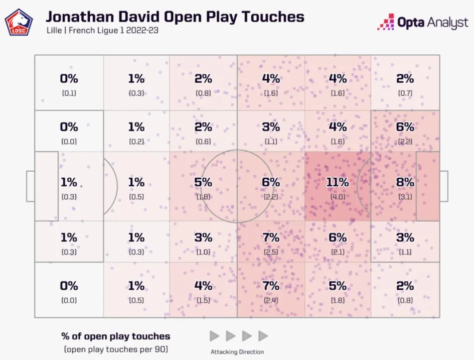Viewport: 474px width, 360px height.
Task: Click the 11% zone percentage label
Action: (x=337, y=182)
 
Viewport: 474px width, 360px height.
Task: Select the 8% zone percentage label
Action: (x=405, y=182)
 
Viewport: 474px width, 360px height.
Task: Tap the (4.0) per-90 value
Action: (x=337, y=197)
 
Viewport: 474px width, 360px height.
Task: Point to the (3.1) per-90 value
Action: (x=405, y=197)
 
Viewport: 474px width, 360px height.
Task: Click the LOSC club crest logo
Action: (x=19, y=23)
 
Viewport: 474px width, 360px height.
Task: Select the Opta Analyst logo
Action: (x=422, y=22)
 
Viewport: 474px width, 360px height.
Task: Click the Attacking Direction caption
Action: (x=237, y=351)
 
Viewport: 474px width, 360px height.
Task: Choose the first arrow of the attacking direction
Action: (x=214, y=336)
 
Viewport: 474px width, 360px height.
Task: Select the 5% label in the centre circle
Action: (x=203, y=182)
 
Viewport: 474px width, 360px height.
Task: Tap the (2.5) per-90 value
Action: (x=271, y=252)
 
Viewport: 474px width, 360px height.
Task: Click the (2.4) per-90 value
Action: (x=271, y=301)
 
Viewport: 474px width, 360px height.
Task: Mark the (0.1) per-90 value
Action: (x=69, y=93)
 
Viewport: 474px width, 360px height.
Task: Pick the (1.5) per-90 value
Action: (x=203, y=301)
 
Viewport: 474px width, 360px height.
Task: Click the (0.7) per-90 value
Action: (x=405, y=93)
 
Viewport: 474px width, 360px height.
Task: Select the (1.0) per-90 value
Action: (x=203, y=252)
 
